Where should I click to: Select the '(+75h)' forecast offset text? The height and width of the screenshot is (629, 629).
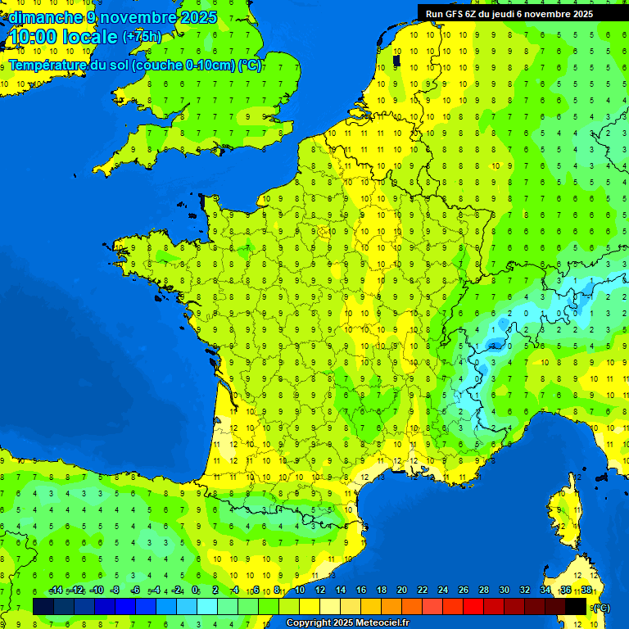click(142, 36)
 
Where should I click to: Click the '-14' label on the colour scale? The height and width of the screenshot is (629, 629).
click(56, 591)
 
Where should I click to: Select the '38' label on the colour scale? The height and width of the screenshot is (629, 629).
click(586, 591)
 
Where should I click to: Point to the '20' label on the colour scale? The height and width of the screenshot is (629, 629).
click(402, 591)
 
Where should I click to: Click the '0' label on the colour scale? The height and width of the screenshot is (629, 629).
click(195, 591)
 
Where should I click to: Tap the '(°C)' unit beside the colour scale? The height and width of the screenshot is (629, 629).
click(601, 608)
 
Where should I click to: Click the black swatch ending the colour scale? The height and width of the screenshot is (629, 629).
click(576, 606)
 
